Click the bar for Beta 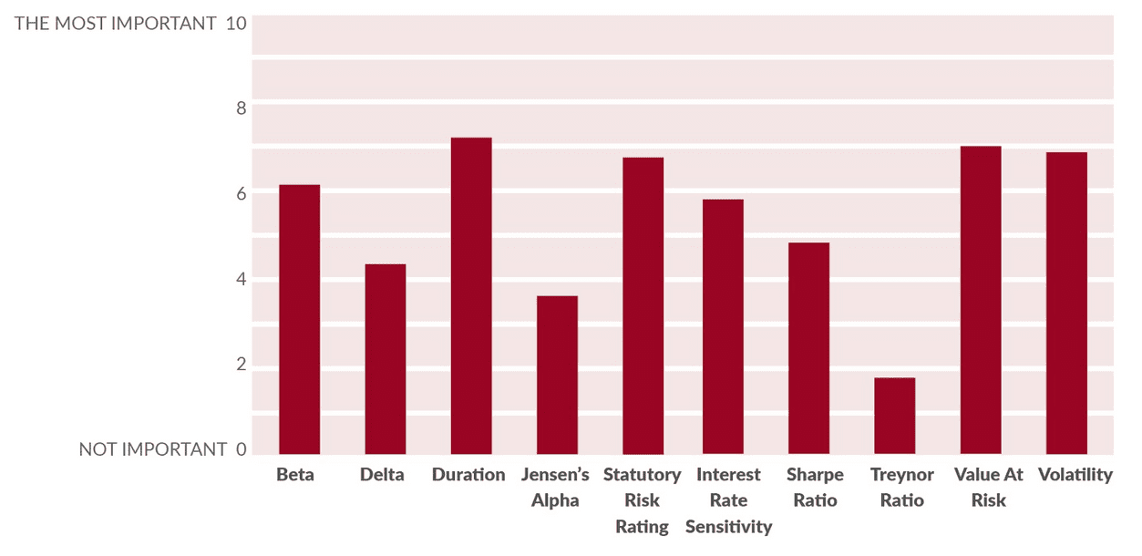pos(299,319)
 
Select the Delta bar pos(385,359)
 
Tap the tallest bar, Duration pos(471,295)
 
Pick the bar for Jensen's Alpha pos(557,375)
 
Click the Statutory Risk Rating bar pos(643,305)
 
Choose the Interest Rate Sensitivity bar pos(723,326)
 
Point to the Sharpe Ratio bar pos(808,348)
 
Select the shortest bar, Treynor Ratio pos(894,416)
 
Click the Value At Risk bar pos(981,300)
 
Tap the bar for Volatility pos(1066,303)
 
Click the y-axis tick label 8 pos(241,108)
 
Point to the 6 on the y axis pos(241,193)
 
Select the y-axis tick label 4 pos(241,279)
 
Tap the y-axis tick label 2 pos(241,365)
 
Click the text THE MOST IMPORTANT pos(115,23)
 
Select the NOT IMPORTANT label pos(152,449)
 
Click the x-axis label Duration pos(468,475)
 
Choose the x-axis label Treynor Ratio pos(902,488)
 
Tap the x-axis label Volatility pos(1075,475)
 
